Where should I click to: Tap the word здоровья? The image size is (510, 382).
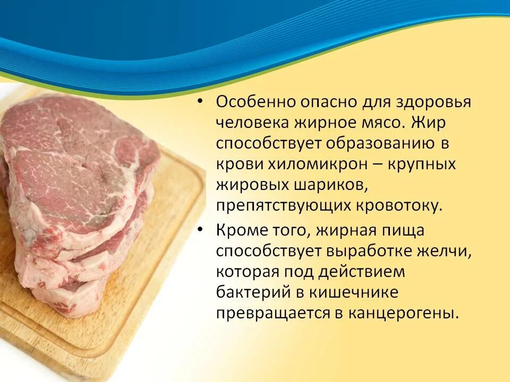pos(432,102)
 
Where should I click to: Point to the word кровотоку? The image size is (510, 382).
pos(404,205)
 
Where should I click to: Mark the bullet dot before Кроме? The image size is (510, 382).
pos(200,230)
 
